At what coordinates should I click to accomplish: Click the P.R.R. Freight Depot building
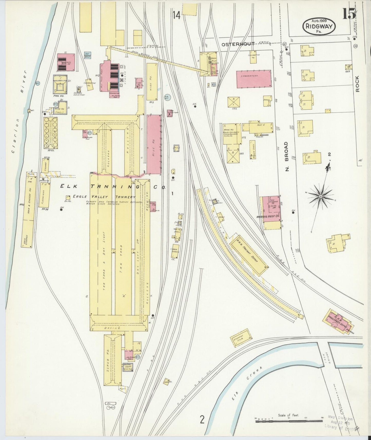pyautogui.click(x=249, y=254)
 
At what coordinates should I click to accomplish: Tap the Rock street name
pyautogui.click(x=357, y=84)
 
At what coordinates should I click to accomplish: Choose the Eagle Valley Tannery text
pyautogui.click(x=104, y=197)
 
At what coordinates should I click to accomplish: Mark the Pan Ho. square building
pyautogui.click(x=60, y=84)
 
